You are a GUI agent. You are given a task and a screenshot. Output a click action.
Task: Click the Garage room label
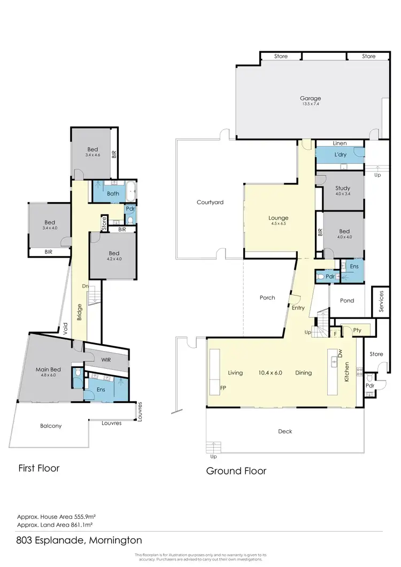[310, 98]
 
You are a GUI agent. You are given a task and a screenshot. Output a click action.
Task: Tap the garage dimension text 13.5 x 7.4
[310, 104]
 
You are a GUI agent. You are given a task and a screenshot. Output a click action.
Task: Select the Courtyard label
[210, 203]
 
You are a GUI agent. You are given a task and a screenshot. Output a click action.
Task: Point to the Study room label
[343, 188]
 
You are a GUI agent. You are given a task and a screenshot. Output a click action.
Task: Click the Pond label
[347, 301]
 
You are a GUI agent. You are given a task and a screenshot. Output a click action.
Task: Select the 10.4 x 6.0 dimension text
[270, 373]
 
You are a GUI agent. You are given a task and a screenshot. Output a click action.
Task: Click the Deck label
[285, 431]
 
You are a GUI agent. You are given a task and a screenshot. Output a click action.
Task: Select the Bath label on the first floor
[112, 193]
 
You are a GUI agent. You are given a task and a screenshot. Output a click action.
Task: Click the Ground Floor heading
[236, 471]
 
